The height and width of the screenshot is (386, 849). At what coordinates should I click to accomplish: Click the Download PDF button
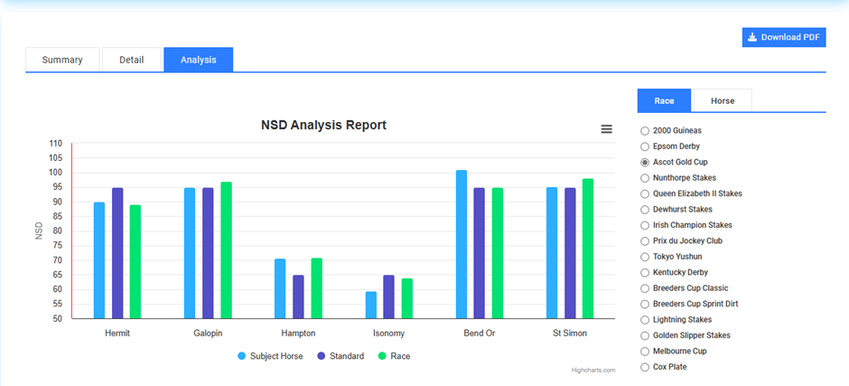784,37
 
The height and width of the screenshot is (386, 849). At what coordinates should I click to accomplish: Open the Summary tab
62,60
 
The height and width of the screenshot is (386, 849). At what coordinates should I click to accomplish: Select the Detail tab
131,60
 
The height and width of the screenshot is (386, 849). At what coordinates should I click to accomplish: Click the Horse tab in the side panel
722,101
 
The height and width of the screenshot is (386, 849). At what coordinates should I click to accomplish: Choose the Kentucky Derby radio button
644,272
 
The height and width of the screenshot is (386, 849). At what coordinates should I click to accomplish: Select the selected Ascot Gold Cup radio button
644,162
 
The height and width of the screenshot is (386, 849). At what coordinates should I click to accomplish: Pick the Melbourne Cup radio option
644,351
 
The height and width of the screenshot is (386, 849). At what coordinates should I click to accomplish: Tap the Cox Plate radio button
644,367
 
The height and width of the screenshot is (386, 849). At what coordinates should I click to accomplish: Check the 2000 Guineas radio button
644,131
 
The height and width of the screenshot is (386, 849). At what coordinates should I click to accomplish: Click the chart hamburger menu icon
606,129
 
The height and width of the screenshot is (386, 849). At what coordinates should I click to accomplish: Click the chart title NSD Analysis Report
323,125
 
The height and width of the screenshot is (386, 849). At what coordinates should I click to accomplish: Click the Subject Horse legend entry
270,356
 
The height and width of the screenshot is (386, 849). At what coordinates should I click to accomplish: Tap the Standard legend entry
341,356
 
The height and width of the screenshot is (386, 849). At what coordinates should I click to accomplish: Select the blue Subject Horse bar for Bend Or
462,244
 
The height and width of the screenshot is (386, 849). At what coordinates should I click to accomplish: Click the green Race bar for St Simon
588,249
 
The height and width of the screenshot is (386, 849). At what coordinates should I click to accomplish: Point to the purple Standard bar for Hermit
117,253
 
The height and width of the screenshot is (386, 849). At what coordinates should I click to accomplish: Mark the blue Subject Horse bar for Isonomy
371,305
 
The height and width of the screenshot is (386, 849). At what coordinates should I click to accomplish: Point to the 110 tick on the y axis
56,144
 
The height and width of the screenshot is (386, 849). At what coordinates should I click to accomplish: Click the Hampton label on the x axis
298,334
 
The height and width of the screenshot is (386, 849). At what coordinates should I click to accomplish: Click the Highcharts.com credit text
593,370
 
